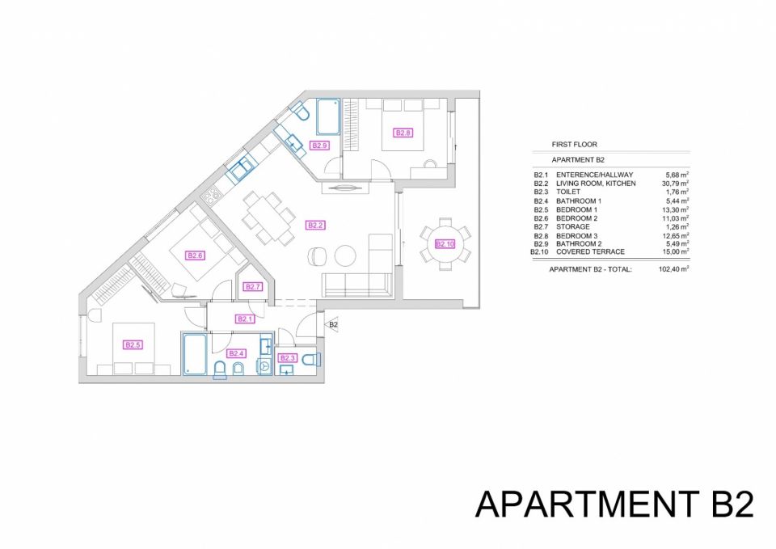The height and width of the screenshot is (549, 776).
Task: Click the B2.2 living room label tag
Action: [x=316, y=226]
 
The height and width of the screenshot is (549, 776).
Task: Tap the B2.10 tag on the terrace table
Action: [x=445, y=244]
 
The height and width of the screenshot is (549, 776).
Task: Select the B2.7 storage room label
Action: [x=253, y=287]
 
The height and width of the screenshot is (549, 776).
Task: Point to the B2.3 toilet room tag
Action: [x=288, y=358]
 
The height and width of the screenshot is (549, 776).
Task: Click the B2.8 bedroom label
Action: [x=403, y=133]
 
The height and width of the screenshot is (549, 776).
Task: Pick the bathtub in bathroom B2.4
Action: [x=194, y=354]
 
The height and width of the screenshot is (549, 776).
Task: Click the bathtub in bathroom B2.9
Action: [x=327, y=116]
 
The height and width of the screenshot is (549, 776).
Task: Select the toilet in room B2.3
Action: [x=311, y=359]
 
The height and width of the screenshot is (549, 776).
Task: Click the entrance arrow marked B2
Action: [x=332, y=325]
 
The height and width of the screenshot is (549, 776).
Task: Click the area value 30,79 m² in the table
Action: [x=676, y=184]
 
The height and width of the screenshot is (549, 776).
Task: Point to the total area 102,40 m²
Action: [x=675, y=268]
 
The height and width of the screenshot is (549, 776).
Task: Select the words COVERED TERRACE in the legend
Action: [x=590, y=252]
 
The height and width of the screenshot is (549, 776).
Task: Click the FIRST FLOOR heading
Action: [x=575, y=145]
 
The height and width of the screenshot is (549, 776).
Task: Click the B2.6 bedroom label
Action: [x=196, y=256]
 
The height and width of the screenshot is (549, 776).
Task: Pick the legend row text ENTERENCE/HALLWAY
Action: [x=594, y=175]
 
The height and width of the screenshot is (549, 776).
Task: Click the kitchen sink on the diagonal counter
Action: [x=240, y=168]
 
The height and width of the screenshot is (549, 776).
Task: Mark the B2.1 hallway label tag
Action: [x=245, y=319]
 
